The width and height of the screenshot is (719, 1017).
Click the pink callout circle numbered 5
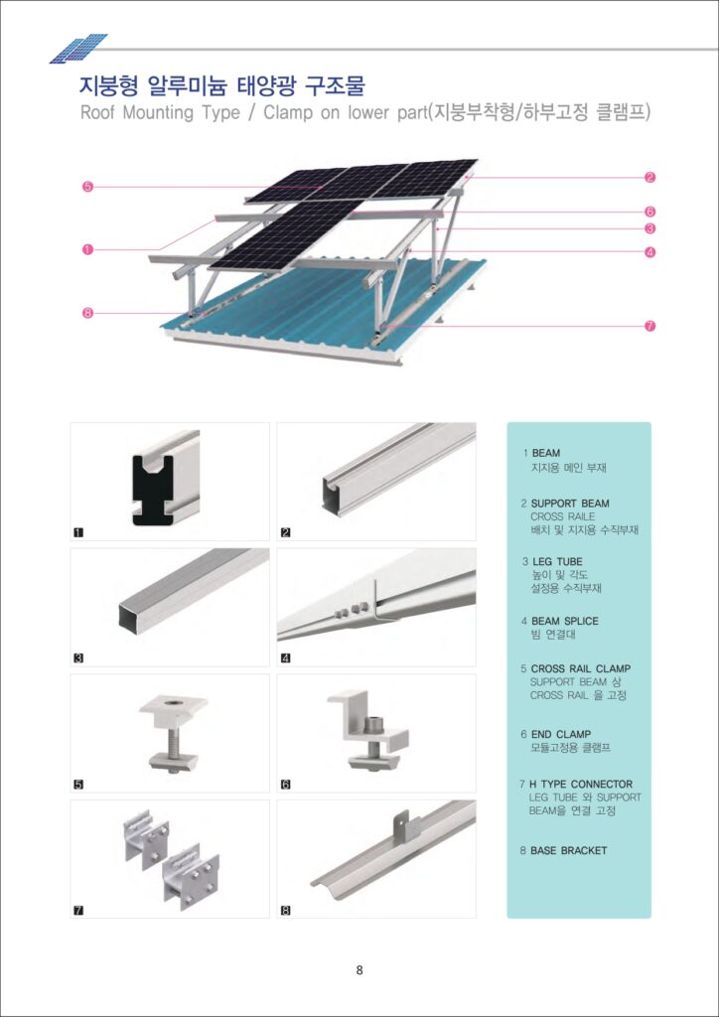coord(87,187)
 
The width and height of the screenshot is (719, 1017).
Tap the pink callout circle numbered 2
coord(649,178)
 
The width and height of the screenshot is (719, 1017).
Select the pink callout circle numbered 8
coord(87,313)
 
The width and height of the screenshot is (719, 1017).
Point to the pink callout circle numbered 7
coord(649,326)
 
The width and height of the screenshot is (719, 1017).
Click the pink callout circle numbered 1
coord(87,249)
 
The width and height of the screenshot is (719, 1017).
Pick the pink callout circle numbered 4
coord(649,252)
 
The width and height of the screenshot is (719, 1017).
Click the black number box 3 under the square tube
coord(79,657)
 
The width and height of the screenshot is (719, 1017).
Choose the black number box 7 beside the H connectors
coord(79,910)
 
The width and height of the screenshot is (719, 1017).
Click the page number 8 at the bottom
coord(359,970)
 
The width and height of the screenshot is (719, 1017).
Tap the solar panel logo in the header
coord(78,48)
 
